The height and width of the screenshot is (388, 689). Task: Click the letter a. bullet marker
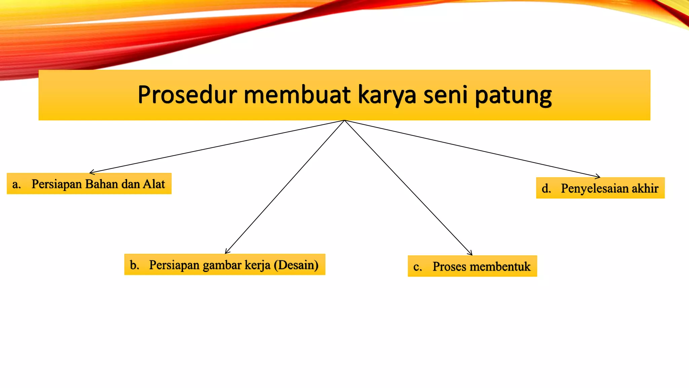(16, 185)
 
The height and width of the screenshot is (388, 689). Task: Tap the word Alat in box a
(154, 184)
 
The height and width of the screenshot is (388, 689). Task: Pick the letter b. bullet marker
(135, 265)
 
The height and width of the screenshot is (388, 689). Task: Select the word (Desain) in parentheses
(296, 265)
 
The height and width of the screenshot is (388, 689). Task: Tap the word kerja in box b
(257, 265)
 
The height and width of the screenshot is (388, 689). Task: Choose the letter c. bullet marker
(418, 267)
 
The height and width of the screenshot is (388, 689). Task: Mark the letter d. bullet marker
(546, 188)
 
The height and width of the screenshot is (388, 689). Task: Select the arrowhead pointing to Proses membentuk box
(471, 254)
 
